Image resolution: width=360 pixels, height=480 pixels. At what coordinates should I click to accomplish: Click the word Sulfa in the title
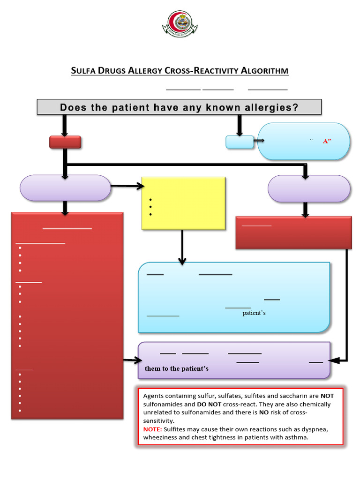coord(83,71)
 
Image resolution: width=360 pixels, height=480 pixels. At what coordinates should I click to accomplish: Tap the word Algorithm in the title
coord(265,71)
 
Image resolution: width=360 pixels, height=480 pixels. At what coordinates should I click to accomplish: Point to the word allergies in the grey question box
coord(271,107)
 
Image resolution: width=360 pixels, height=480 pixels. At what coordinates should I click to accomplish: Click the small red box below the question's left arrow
coord(65,142)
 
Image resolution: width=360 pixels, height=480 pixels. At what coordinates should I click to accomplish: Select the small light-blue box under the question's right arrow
coord(240,142)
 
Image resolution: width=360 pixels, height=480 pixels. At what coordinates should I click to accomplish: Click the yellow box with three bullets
coord(183,203)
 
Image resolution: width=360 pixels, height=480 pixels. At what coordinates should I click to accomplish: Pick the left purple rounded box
coord(65,187)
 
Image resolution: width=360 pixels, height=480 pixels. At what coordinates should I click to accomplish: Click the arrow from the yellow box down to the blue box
coord(182,247)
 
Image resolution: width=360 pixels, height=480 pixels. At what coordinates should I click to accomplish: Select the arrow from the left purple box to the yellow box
coord(127,186)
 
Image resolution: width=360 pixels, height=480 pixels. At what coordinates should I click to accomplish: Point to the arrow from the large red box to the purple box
coord(132,360)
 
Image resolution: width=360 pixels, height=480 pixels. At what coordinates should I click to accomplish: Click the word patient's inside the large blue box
coord(254,313)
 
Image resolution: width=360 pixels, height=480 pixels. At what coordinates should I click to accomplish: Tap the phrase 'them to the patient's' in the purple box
coord(176,369)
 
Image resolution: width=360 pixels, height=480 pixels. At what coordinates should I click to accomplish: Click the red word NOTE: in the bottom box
coord(153,429)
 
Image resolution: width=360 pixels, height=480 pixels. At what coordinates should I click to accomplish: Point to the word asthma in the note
coord(298,437)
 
